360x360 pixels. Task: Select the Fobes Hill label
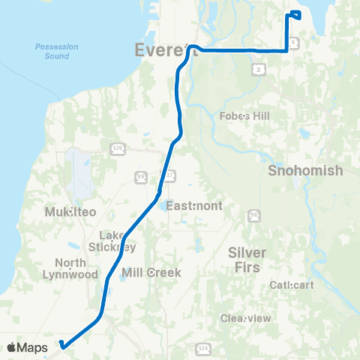244,116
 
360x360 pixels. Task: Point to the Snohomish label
305,170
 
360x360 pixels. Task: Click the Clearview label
245,318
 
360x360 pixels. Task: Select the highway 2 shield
257,69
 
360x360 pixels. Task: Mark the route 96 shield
254,214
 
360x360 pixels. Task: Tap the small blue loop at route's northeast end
295,15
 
